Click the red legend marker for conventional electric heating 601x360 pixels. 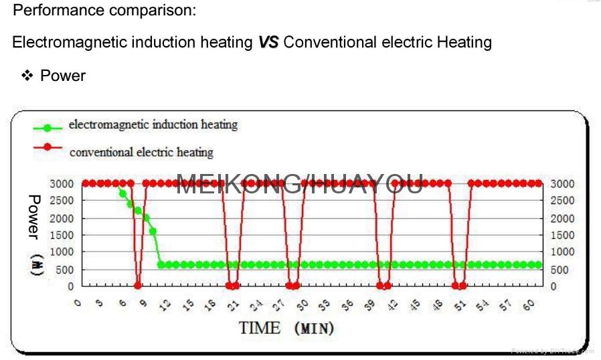[47, 148]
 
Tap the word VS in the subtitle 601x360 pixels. [268, 42]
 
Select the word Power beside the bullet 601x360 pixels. [63, 76]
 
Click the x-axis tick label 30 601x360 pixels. [303, 304]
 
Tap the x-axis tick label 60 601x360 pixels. [529, 304]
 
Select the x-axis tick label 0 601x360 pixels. [78, 303]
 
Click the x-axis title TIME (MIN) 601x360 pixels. [286, 328]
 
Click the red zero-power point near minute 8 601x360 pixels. [138, 286]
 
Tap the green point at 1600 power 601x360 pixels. [153, 232]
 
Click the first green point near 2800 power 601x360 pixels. [122, 193]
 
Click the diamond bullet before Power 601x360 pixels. [27, 76]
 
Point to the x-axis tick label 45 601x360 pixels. [416, 304]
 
